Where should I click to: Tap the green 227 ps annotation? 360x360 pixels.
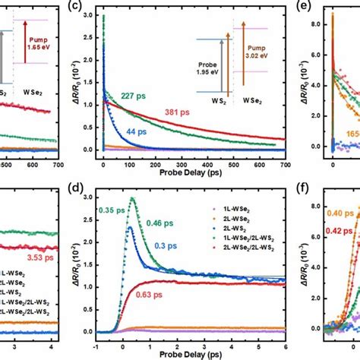[134, 95]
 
